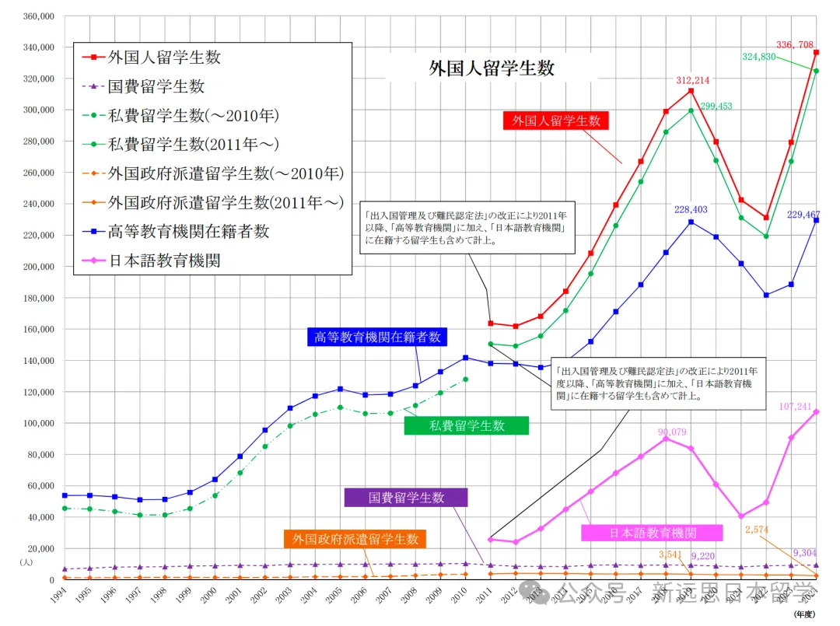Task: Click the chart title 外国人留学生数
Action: tap(492, 68)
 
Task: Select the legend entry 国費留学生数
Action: tap(156, 87)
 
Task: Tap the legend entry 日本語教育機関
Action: tap(164, 260)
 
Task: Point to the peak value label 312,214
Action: tap(692, 80)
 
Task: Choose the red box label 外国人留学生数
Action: tap(556, 121)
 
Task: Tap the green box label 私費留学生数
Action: tap(466, 425)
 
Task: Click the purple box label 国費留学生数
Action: tap(406, 498)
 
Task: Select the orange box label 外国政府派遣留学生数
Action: tap(355, 539)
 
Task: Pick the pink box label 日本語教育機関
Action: tap(652, 533)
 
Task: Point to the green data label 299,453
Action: tap(715, 107)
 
